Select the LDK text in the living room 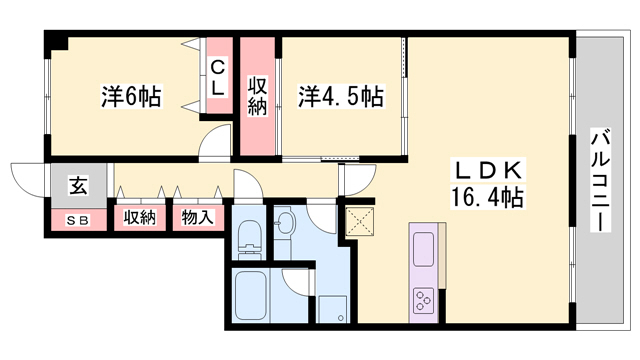coord(484,169)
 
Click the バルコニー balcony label coord(600,180)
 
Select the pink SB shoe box coord(77,219)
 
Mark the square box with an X coord(357,221)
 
